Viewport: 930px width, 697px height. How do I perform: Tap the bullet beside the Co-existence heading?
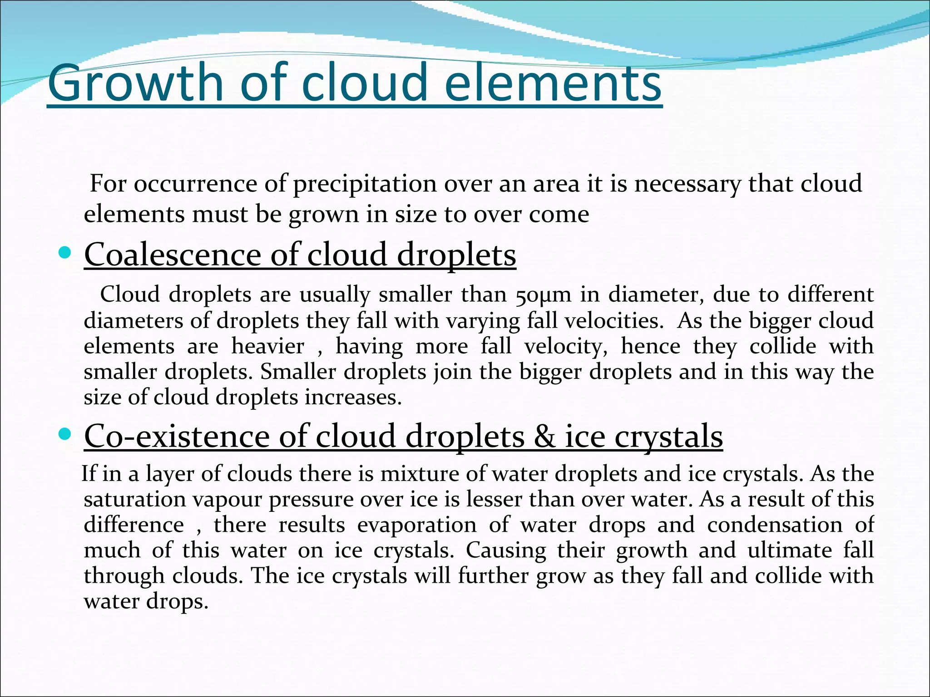coord(65,435)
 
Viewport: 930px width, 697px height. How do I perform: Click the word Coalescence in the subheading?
coord(173,254)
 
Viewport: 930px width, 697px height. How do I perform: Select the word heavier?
coord(267,346)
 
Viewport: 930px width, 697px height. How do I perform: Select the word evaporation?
coord(417,525)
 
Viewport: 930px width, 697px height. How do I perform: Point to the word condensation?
coord(774,525)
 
